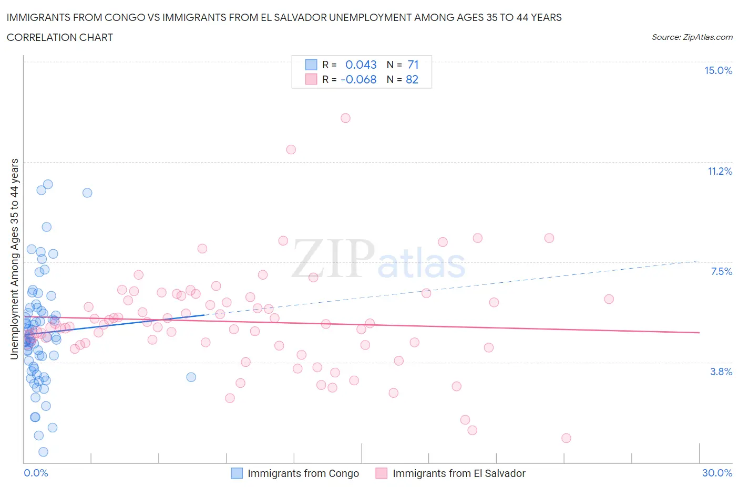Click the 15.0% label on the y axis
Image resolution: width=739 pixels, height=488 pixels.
click(718, 71)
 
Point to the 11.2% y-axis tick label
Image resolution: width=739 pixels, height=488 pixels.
click(720, 171)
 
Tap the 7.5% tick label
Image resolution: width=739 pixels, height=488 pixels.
click(721, 271)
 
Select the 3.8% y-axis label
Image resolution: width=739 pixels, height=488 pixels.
click(721, 372)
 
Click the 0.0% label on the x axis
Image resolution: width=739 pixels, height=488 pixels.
click(36, 473)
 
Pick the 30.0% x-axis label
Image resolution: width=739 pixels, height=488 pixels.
click(717, 473)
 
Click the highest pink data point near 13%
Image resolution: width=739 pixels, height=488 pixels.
click(345, 118)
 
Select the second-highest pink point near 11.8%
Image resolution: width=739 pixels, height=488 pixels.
click(291, 150)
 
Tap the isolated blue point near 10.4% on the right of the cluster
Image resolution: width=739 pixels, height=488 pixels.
click(87, 193)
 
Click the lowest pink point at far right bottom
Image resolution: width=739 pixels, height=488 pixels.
click(566, 438)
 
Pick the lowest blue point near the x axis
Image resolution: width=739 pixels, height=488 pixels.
click(43, 452)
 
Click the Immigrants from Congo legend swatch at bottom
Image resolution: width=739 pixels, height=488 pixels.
click(237, 473)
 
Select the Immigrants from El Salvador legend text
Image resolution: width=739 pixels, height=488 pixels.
click(459, 473)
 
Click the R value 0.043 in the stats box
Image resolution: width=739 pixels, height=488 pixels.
click(361, 65)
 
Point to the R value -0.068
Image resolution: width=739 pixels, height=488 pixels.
click(358, 79)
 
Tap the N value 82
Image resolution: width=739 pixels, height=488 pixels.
click(412, 79)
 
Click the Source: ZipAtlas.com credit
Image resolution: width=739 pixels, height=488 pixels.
click(692, 37)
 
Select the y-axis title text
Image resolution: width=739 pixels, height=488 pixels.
click(14, 259)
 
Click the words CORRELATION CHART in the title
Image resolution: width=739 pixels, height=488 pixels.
click(60, 37)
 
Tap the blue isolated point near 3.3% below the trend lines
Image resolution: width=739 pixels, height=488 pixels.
click(191, 377)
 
